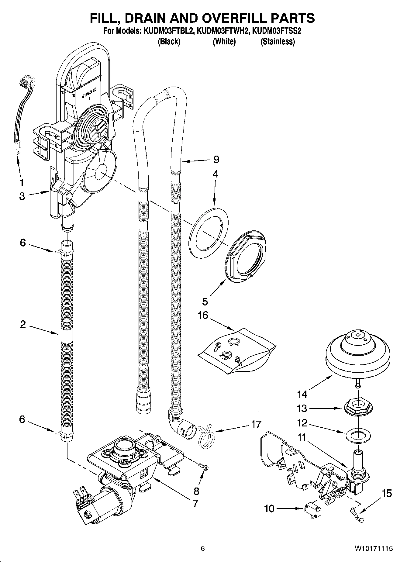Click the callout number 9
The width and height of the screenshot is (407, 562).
pyautogui.click(x=216, y=159)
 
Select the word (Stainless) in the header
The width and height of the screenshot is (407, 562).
pyautogui.click(x=278, y=41)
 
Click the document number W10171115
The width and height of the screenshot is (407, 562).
pyautogui.click(x=373, y=548)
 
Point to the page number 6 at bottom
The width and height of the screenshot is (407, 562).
pyautogui.click(x=203, y=548)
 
